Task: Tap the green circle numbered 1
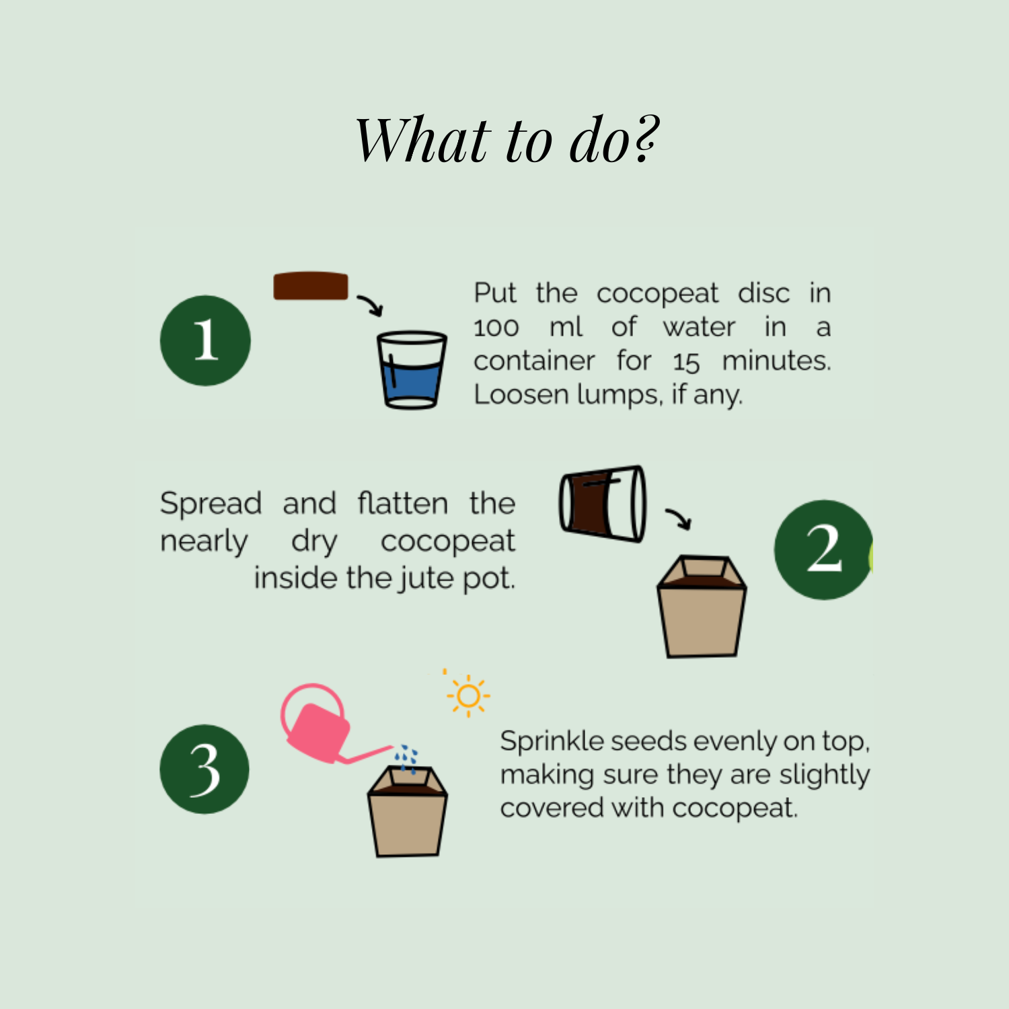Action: click(x=205, y=340)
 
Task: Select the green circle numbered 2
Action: click(x=823, y=550)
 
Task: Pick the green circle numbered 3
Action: click(x=204, y=769)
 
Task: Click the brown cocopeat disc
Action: click(x=311, y=286)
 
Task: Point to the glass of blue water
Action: click(x=411, y=369)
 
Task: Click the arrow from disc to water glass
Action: click(x=371, y=304)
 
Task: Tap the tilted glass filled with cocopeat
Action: click(x=603, y=503)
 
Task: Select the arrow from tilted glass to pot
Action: click(x=679, y=519)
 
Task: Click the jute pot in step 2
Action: click(x=702, y=606)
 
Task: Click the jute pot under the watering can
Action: click(x=408, y=811)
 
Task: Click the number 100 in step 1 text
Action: click(x=496, y=328)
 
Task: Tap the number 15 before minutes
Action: click(x=686, y=363)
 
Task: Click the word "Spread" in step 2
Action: click(x=211, y=504)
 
